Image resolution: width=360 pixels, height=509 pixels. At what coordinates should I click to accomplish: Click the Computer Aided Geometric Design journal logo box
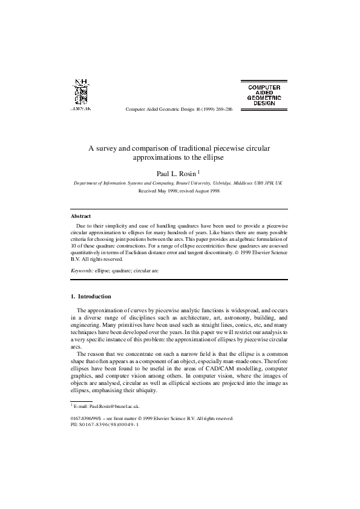point(263,93)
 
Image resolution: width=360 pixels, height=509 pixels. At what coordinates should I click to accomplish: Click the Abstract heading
point(80,215)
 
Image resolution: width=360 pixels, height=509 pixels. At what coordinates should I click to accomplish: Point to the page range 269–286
point(220,109)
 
